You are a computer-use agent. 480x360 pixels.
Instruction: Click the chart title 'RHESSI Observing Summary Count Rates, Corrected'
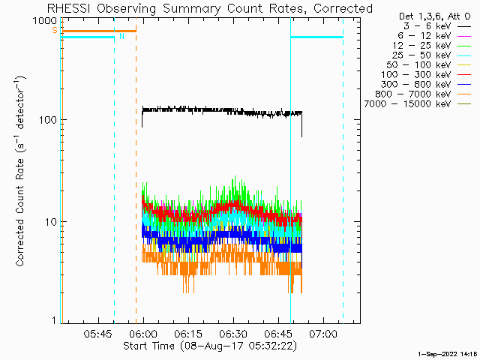pos(210,8)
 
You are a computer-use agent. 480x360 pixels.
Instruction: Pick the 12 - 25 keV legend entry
pos(432,46)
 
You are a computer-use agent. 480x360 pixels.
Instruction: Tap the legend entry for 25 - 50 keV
pos(432,55)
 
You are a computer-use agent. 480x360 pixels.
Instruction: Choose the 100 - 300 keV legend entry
pos(426,75)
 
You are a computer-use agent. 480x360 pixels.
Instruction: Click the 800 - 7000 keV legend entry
pos(423,94)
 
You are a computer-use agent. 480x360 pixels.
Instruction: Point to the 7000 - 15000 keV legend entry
pos(418,104)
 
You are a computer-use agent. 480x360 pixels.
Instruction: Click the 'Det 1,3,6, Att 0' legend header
pos(435,16)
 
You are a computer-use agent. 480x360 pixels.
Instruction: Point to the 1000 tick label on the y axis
pos(45,21)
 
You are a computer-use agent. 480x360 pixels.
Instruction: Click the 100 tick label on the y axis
pos(48,120)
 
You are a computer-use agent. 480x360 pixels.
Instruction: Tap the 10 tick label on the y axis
pos(51,222)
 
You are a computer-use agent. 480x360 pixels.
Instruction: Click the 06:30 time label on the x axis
pos(233,333)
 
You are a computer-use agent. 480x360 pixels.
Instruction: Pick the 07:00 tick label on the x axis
pos(323,333)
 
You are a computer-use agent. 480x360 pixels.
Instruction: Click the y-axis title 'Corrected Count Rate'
pos(20,211)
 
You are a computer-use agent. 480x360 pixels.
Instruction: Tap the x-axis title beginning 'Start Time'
pos(210,346)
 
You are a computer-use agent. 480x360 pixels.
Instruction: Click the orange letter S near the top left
pos(55,30)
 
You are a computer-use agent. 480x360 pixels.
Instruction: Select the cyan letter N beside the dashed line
pos(121,37)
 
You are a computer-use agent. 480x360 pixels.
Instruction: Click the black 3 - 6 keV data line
pos(222,111)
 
